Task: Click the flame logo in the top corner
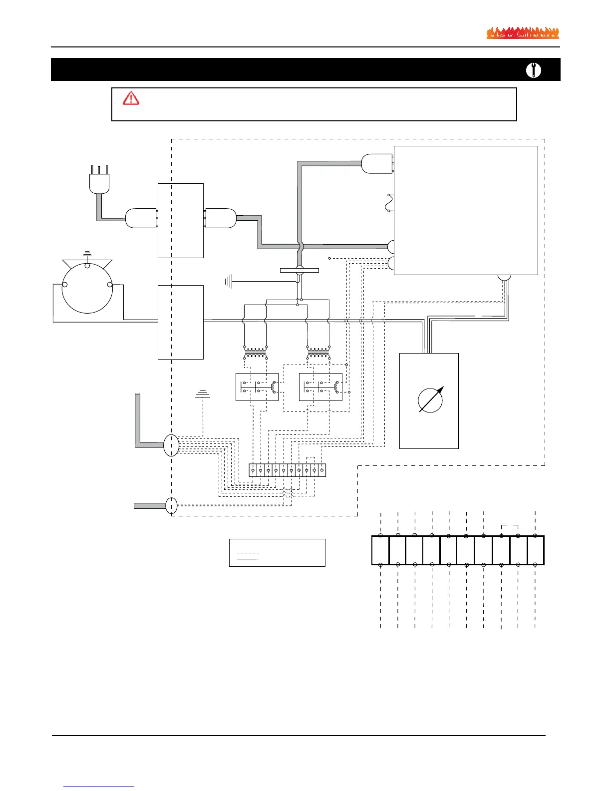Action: [523, 33]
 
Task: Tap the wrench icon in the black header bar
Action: [534, 70]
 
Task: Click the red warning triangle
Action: [131, 98]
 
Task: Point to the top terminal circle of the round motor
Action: [87, 266]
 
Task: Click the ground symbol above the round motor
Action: [87, 254]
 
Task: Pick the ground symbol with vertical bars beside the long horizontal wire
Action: [229, 282]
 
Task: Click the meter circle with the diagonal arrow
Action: [430, 400]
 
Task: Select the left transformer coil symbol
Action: [255, 352]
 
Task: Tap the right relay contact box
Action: [320, 387]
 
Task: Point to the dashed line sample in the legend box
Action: [248, 553]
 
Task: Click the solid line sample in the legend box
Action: [248, 559]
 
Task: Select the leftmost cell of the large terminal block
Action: [380, 550]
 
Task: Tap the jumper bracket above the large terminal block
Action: [510, 526]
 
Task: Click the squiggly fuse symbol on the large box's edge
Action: [390, 203]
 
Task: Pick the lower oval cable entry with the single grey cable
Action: [171, 505]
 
